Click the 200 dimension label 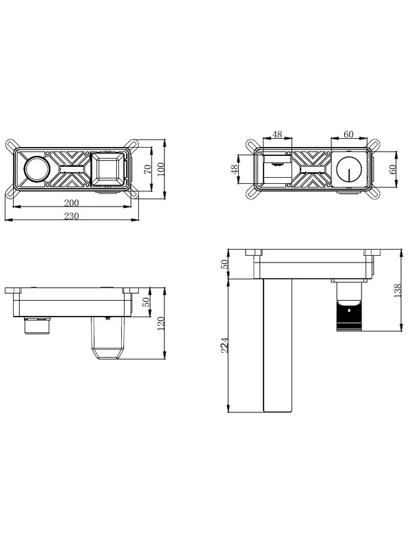tap(71, 202)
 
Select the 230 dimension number tap(71, 216)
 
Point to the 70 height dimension tap(148, 169)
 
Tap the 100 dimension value tap(161, 169)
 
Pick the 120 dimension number tap(161, 323)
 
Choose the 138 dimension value tap(398, 291)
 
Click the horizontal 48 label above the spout tap(277, 134)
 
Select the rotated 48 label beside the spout tap(235, 169)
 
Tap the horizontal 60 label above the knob tap(348, 134)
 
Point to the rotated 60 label tap(392, 169)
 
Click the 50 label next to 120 tap(146, 302)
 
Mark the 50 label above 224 tap(225, 264)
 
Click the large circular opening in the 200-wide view tap(36, 169)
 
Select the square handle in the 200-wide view tap(107, 169)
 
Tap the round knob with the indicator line tap(348, 169)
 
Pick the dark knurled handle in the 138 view tap(349, 317)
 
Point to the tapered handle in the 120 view tap(107, 338)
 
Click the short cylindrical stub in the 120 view tap(38, 326)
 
